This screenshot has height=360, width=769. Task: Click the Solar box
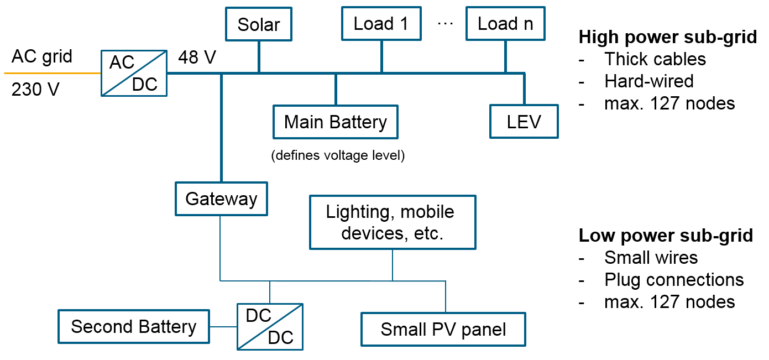[x=258, y=25]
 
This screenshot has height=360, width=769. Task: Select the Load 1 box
[x=381, y=24]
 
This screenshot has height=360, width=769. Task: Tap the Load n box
[x=505, y=24]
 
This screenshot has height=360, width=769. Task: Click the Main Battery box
[x=335, y=122]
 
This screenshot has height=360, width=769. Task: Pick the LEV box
[x=524, y=122]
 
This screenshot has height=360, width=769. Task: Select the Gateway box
[x=221, y=199]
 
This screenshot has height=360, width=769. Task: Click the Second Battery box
[x=133, y=326]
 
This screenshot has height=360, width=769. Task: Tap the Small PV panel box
[x=443, y=330]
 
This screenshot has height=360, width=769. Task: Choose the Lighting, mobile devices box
[x=392, y=222]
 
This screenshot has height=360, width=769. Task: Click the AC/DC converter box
[x=134, y=73]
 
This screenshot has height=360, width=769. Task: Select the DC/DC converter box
[x=270, y=326]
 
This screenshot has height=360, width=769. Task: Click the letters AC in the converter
[x=122, y=62]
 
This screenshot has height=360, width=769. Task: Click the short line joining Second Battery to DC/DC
[x=223, y=326]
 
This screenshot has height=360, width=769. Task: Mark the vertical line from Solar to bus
[x=259, y=56]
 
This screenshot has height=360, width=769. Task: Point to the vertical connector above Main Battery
[x=336, y=89]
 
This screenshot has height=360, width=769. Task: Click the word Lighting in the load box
[x=360, y=212]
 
